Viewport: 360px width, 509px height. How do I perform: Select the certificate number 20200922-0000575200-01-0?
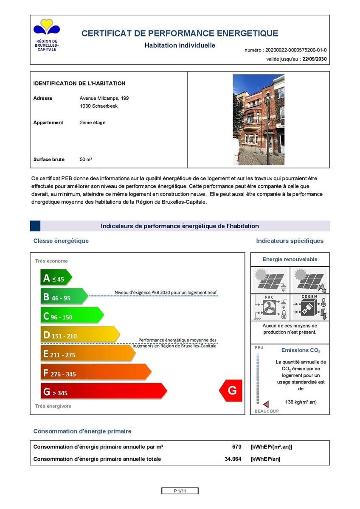pos(295,50)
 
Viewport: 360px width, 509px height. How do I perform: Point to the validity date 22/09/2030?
pos(315,59)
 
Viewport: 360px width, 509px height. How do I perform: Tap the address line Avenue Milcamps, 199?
pos(104,98)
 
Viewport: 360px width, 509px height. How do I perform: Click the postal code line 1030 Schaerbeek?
pos(98,106)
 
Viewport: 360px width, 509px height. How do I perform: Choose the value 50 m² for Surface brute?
pos(86,159)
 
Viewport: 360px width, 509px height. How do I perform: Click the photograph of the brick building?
pos(259,120)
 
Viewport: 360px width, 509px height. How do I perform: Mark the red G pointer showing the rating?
pos(231,390)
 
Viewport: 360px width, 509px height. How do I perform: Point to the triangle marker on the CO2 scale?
pos(266,404)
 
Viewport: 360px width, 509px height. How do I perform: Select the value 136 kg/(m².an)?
pos(301,402)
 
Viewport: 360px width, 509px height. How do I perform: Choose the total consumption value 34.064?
pos(233,459)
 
